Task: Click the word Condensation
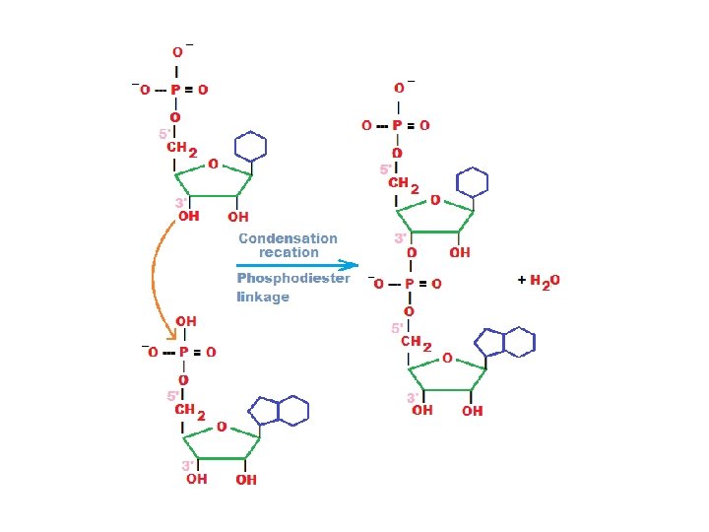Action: [288, 238]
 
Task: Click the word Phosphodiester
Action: [293, 279]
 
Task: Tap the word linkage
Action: [263, 297]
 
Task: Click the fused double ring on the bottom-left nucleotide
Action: [281, 410]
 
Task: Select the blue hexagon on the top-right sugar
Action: [474, 182]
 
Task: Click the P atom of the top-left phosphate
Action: [176, 90]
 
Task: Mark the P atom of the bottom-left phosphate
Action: [184, 352]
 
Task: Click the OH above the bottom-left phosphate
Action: [185, 321]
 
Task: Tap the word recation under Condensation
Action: [289, 252]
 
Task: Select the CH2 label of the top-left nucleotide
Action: [182, 150]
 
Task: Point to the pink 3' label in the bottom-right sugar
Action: [412, 398]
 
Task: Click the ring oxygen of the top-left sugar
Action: [213, 165]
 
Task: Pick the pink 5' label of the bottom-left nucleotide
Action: [173, 396]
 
